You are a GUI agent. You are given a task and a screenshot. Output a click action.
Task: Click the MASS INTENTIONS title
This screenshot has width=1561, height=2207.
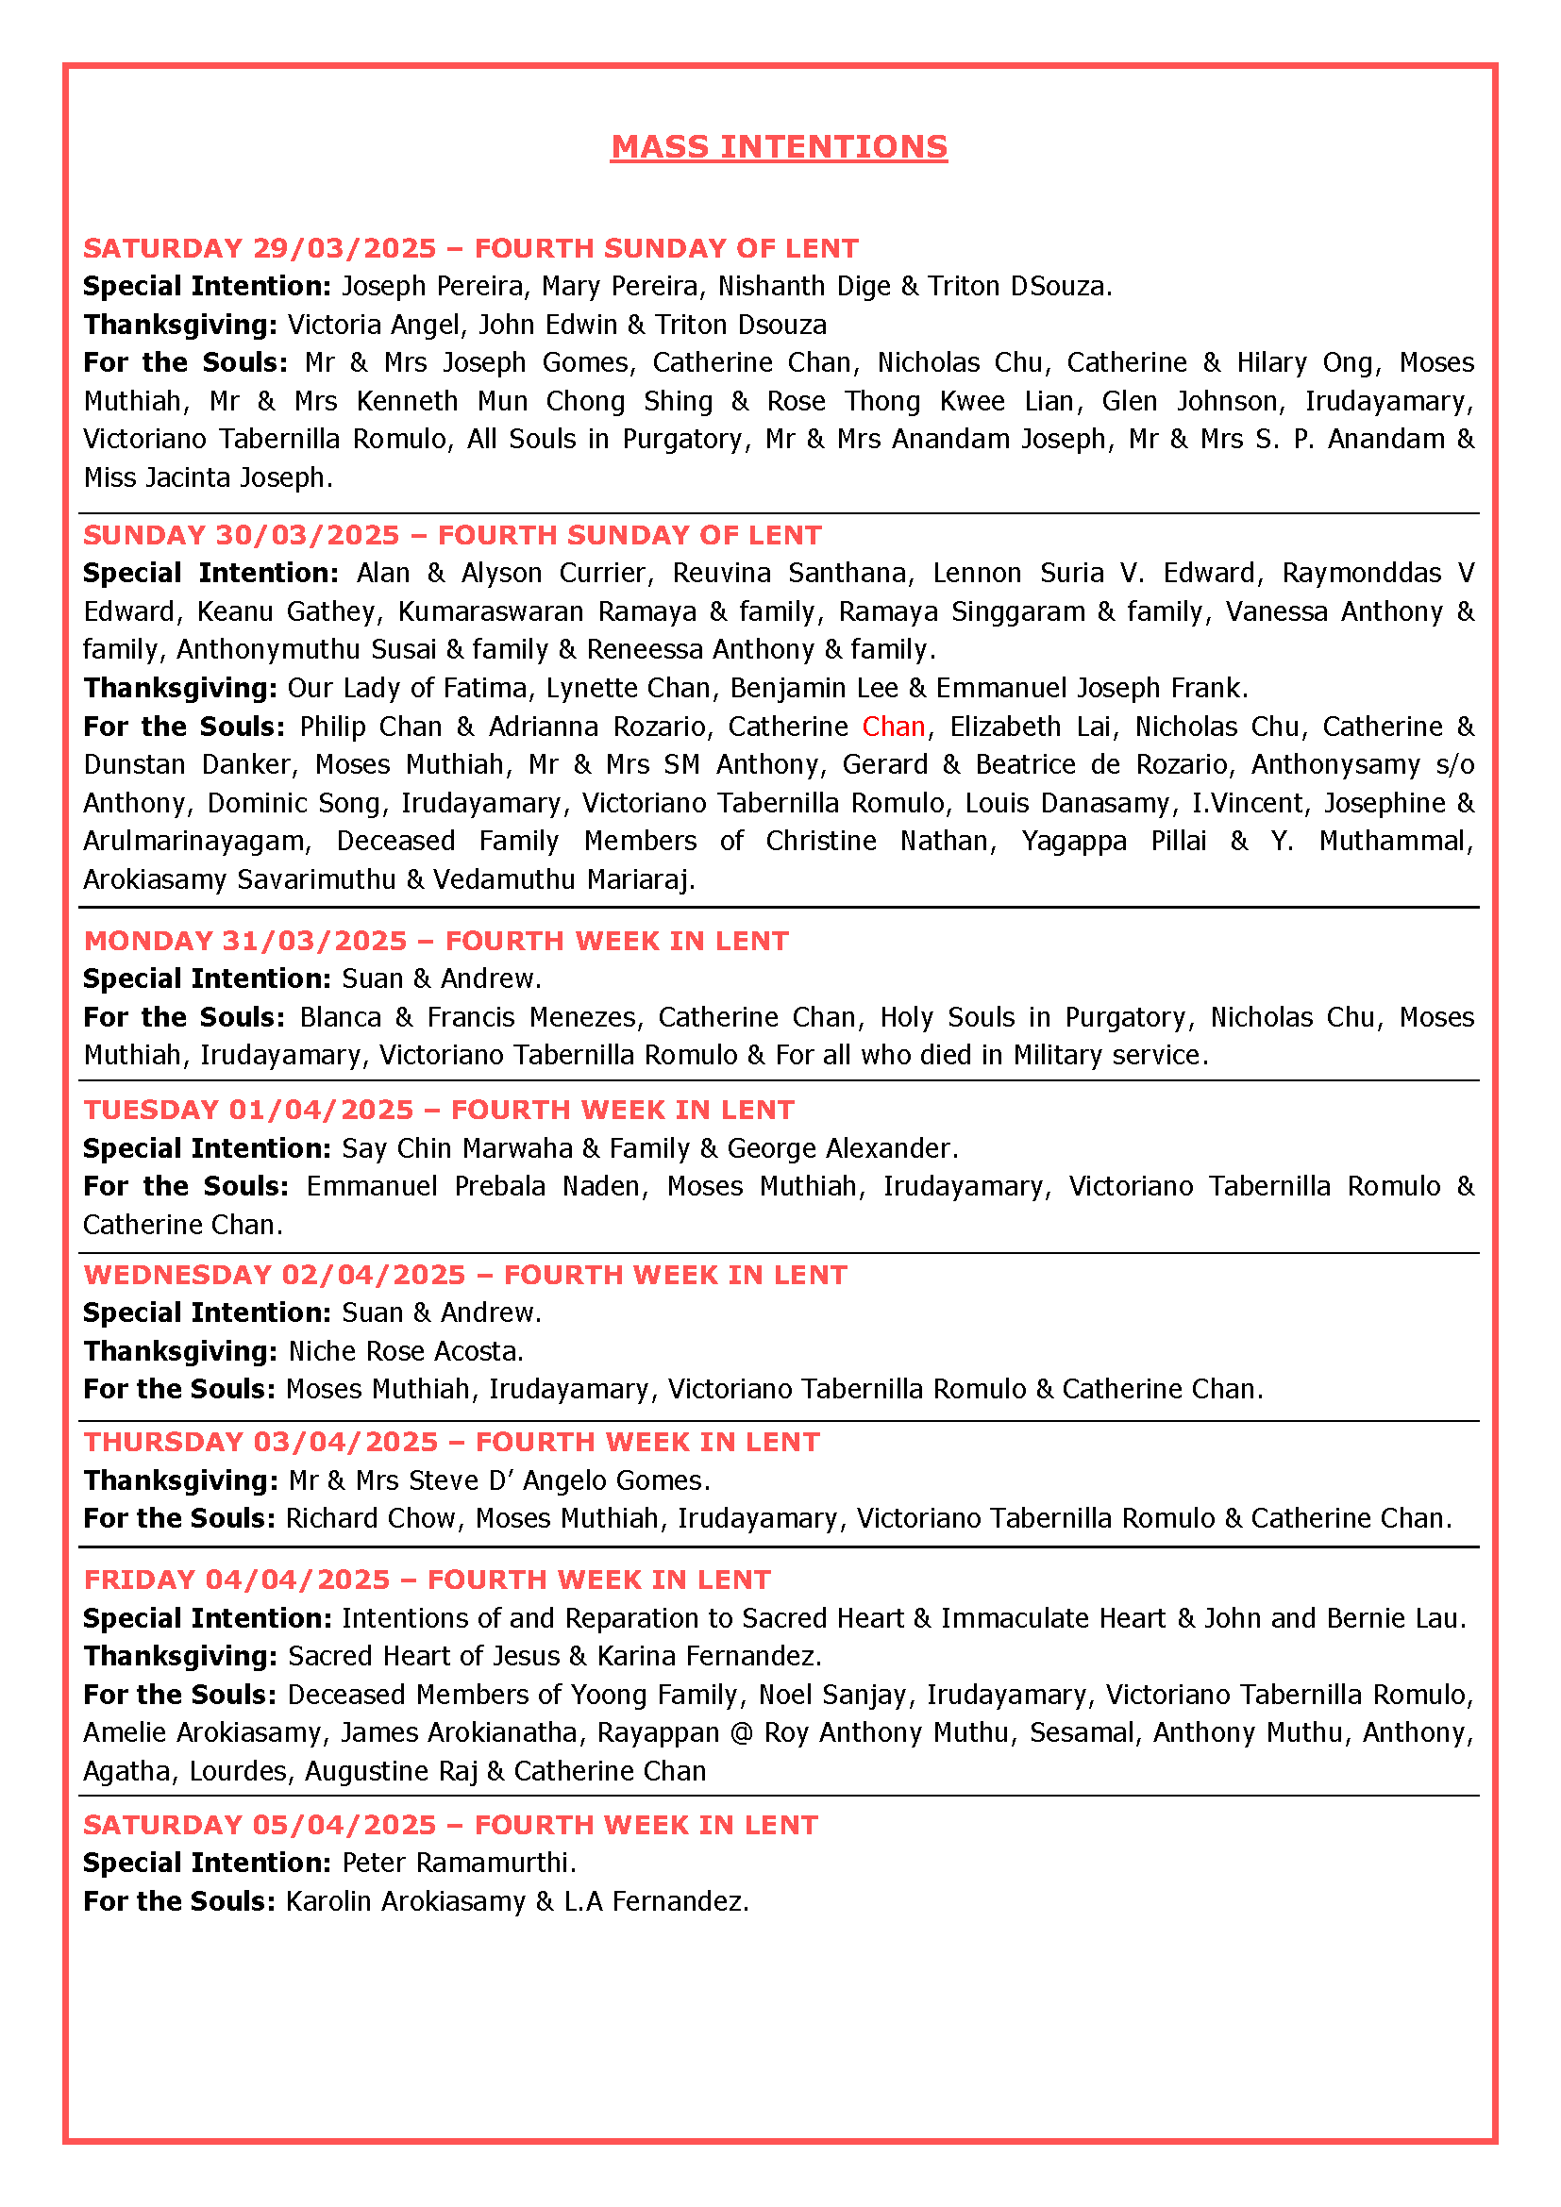779,147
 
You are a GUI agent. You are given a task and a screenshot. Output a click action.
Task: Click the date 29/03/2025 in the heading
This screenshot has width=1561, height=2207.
345,248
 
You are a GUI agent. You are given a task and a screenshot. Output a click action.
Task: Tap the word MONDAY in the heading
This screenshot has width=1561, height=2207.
148,940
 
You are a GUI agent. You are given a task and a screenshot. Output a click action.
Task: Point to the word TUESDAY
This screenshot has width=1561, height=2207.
151,1110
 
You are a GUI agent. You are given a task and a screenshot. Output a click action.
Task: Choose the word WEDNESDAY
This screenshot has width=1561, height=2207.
177,1275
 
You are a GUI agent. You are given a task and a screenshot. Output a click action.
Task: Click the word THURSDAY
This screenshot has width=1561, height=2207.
164,1442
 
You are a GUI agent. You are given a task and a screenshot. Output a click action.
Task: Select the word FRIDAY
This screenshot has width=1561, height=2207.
140,1580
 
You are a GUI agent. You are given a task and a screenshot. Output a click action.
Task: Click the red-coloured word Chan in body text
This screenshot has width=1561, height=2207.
893,727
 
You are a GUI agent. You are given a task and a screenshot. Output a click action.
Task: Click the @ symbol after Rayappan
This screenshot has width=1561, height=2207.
741,1732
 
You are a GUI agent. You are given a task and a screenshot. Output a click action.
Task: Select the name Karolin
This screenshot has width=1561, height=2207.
327,1901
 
